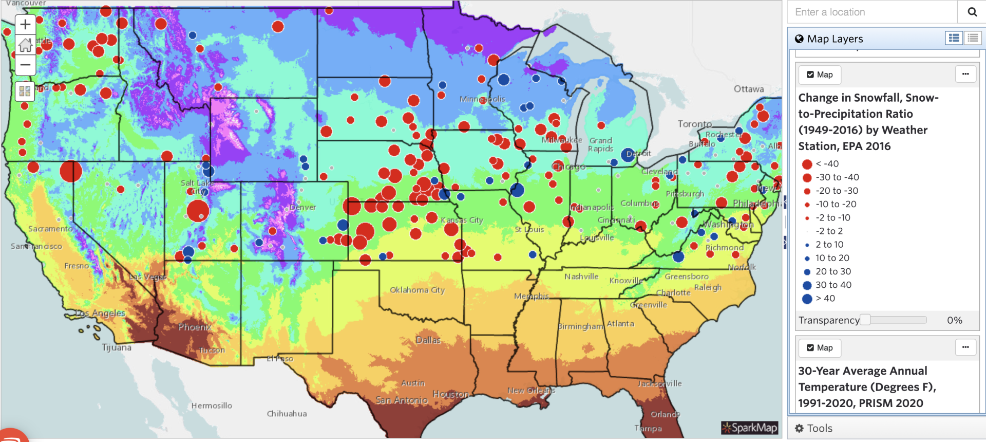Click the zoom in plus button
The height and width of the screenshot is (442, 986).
(25, 24)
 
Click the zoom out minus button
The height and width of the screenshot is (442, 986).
(25, 65)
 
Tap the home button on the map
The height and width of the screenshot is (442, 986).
(25, 45)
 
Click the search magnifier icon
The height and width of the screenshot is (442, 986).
(972, 12)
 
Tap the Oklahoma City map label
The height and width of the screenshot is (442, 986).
(417, 290)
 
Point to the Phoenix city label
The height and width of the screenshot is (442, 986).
(195, 327)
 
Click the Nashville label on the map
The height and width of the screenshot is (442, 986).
(581, 277)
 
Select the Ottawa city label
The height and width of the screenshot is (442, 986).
(748, 89)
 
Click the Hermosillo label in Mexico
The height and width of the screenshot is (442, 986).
(212, 406)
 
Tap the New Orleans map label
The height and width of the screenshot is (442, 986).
(531, 391)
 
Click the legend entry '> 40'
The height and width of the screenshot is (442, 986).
(825, 298)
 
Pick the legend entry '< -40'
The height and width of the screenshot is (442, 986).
(827, 163)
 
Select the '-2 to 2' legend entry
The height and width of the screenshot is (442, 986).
(829, 231)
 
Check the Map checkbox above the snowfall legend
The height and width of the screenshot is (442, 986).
(810, 75)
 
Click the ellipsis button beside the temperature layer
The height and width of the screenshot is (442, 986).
(965, 347)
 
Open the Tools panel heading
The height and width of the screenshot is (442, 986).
(819, 428)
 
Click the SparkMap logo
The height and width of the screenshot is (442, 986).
(749, 428)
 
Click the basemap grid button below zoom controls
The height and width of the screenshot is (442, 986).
(25, 91)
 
